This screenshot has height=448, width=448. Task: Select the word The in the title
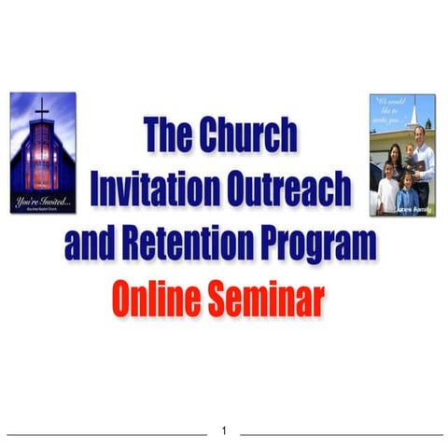click(x=169, y=136)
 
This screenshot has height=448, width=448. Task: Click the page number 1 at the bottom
click(x=224, y=431)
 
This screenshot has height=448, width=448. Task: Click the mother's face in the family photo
click(x=396, y=151)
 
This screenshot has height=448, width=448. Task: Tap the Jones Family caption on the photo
click(x=413, y=213)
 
